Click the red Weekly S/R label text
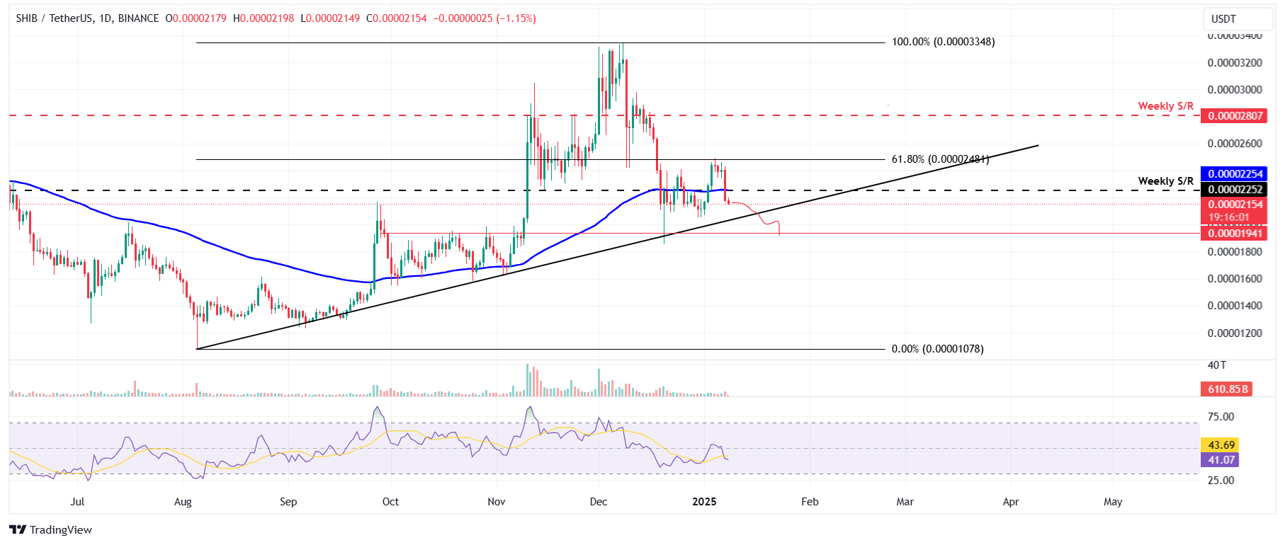pyautogui.click(x=1165, y=106)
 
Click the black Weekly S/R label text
pyautogui.click(x=1165, y=181)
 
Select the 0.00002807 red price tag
pyautogui.click(x=1235, y=116)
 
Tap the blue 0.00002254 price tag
pyautogui.click(x=1235, y=174)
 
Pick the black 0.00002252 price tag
pyautogui.click(x=1235, y=190)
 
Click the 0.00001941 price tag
pyautogui.click(x=1235, y=234)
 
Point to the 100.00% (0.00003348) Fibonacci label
pyautogui.click(x=943, y=42)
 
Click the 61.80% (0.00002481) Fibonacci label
pyautogui.click(x=939, y=159)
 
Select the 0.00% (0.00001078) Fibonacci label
pyautogui.click(x=937, y=349)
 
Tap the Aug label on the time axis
pyautogui.click(x=183, y=502)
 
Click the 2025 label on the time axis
pyautogui.click(x=704, y=502)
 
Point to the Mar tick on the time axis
pyautogui.click(x=905, y=502)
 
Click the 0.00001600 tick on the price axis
pyautogui.click(x=1234, y=279)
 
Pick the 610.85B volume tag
pyautogui.click(x=1226, y=389)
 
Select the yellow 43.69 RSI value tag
pyautogui.click(x=1221, y=445)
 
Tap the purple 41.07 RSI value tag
pyautogui.click(x=1221, y=460)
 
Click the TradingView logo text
pyautogui.click(x=60, y=530)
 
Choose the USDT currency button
pyautogui.click(x=1223, y=19)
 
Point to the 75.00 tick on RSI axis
pyautogui.click(x=1221, y=417)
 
